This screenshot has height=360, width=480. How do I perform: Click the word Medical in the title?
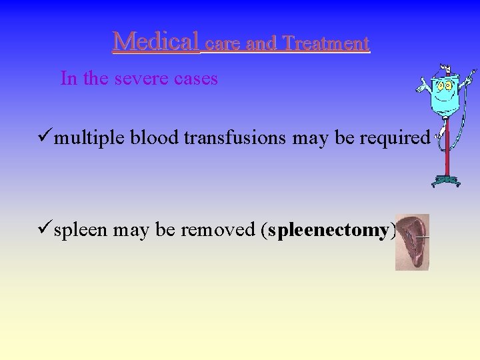point(155,42)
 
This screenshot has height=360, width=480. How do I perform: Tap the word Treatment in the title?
point(326,44)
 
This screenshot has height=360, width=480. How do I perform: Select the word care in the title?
point(223,45)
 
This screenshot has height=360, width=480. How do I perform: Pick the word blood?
point(155,138)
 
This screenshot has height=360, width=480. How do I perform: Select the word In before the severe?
point(69,79)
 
